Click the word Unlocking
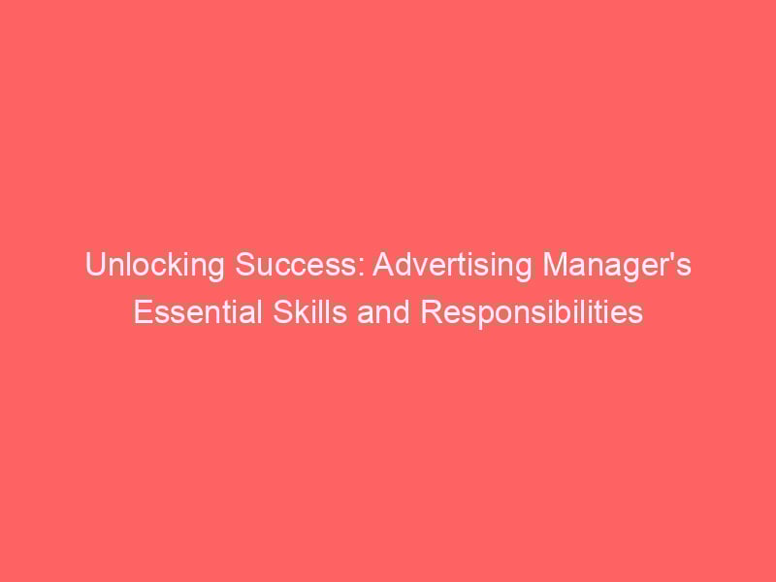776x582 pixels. tap(155, 266)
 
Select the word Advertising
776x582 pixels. tap(452, 266)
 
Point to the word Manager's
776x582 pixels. tap(617, 266)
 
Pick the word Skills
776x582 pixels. tap(309, 312)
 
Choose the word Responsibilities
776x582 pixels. tap(532, 313)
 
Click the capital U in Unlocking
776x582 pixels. tap(95, 265)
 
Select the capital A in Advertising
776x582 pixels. tap(383, 264)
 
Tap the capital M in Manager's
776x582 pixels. tap(555, 264)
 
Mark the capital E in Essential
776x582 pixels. tap(143, 312)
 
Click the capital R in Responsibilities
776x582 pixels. tap(431, 312)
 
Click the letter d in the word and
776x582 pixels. tap(403, 312)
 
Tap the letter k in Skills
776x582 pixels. tap(300, 312)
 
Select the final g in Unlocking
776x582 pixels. tap(216, 271)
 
